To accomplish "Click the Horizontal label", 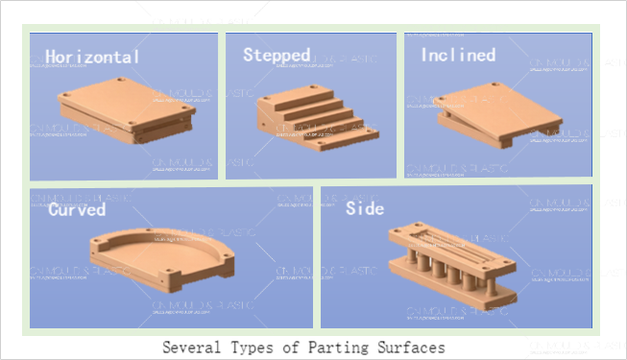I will point(92,57).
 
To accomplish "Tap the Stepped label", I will point(276,54).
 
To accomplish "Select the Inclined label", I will point(458,55).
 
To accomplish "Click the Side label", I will point(364,208).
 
